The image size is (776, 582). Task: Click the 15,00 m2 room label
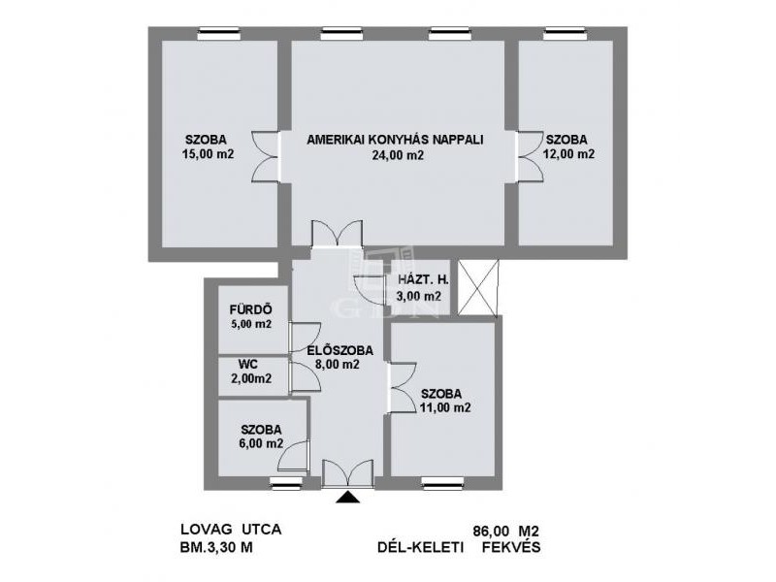(208, 154)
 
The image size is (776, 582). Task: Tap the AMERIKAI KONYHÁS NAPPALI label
(395, 140)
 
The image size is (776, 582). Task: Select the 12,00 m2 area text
(568, 154)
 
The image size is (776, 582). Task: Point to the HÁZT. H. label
(424, 279)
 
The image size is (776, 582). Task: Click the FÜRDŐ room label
(250, 309)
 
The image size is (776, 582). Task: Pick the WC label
(248, 365)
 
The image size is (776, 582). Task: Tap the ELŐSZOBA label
(340, 350)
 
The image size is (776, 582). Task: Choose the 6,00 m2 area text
(261, 444)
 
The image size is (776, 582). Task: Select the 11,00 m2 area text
(445, 407)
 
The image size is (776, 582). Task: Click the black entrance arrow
(348, 497)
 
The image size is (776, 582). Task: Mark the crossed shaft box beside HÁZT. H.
(477, 288)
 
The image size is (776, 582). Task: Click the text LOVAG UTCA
(231, 530)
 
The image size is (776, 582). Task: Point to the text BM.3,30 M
(216, 548)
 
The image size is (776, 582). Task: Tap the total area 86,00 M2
(505, 532)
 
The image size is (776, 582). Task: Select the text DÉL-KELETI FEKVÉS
(459, 548)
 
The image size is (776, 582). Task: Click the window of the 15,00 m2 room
(219, 34)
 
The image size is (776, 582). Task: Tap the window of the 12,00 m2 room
(566, 34)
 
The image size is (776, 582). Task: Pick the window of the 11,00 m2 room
(443, 483)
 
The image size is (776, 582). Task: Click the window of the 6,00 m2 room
(286, 483)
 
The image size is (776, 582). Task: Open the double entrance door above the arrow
(347, 473)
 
